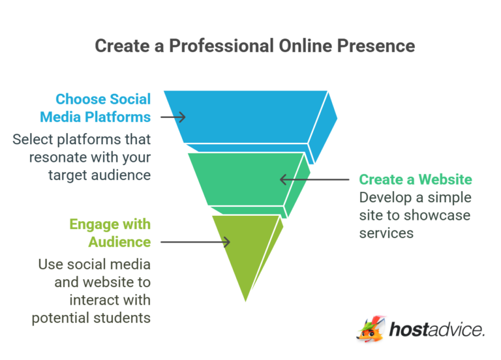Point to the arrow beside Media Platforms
click(x=173, y=117)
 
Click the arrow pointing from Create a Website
click(x=316, y=179)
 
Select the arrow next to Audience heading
click(x=195, y=242)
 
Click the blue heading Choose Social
click(x=103, y=100)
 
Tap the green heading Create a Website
click(x=416, y=179)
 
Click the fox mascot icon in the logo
click(x=371, y=329)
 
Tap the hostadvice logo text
click(x=436, y=330)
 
